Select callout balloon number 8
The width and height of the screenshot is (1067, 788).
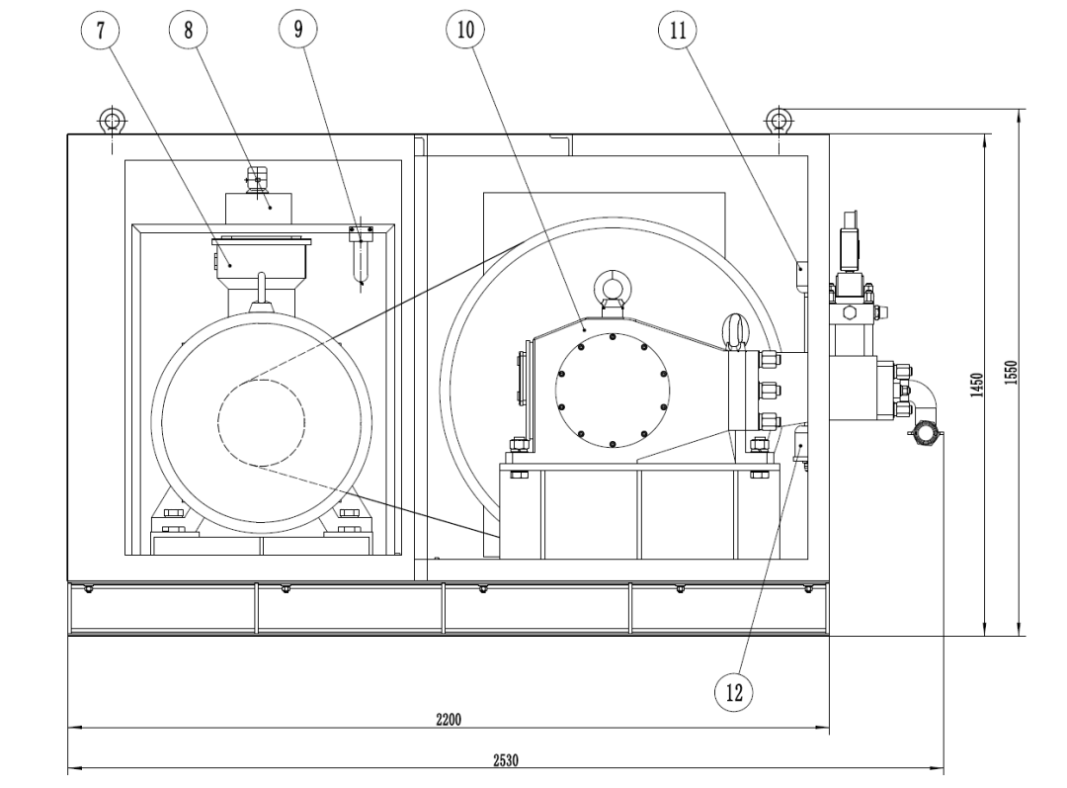183,29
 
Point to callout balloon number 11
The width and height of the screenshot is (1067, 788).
677,29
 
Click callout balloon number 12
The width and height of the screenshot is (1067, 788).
733,689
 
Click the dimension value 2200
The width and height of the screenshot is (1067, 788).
449,718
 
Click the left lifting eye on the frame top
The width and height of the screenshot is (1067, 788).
111,122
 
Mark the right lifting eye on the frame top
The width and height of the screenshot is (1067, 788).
779,121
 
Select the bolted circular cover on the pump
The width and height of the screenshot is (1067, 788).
613,388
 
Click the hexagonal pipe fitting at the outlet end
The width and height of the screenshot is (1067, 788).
926,433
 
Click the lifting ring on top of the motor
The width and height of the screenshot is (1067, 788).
262,287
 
